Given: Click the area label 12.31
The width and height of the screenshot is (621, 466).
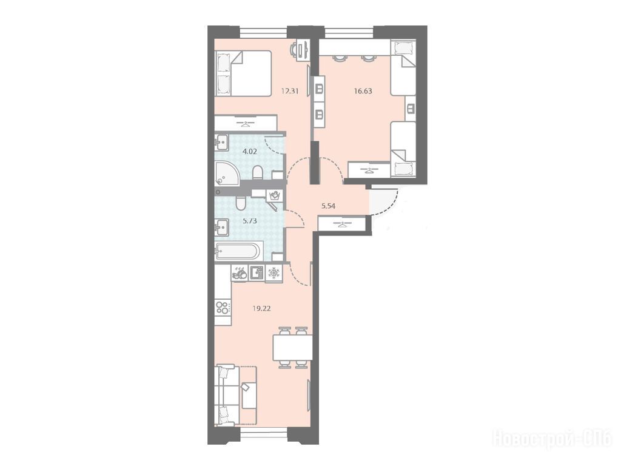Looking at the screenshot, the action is (289, 91).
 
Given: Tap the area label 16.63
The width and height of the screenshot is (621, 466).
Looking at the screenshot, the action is (363, 91).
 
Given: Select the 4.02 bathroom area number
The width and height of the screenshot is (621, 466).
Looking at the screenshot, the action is (250, 151).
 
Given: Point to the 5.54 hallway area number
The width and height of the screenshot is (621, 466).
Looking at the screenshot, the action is (328, 206).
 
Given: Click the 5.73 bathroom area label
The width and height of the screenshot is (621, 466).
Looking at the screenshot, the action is (250, 221).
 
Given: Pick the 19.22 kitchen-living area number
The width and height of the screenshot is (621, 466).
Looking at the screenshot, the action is (261, 308).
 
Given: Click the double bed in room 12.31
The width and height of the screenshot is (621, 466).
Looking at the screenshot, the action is (243, 73).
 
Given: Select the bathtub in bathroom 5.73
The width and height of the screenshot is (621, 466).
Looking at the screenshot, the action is (238, 251).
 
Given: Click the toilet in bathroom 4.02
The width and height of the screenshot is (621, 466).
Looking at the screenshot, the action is (257, 172).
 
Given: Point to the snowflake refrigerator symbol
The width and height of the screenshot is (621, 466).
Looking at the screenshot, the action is (274, 272).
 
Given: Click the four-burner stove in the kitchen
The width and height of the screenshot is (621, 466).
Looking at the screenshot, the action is (223, 308).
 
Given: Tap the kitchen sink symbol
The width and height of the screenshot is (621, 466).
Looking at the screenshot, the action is (257, 272).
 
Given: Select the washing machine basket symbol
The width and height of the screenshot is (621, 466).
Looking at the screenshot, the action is (275, 195).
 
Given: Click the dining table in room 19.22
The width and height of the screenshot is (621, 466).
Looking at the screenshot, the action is (292, 348).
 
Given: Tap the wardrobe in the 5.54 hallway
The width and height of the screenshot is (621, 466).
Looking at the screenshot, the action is (341, 225).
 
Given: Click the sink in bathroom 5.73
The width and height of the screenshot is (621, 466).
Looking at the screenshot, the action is (222, 227).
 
